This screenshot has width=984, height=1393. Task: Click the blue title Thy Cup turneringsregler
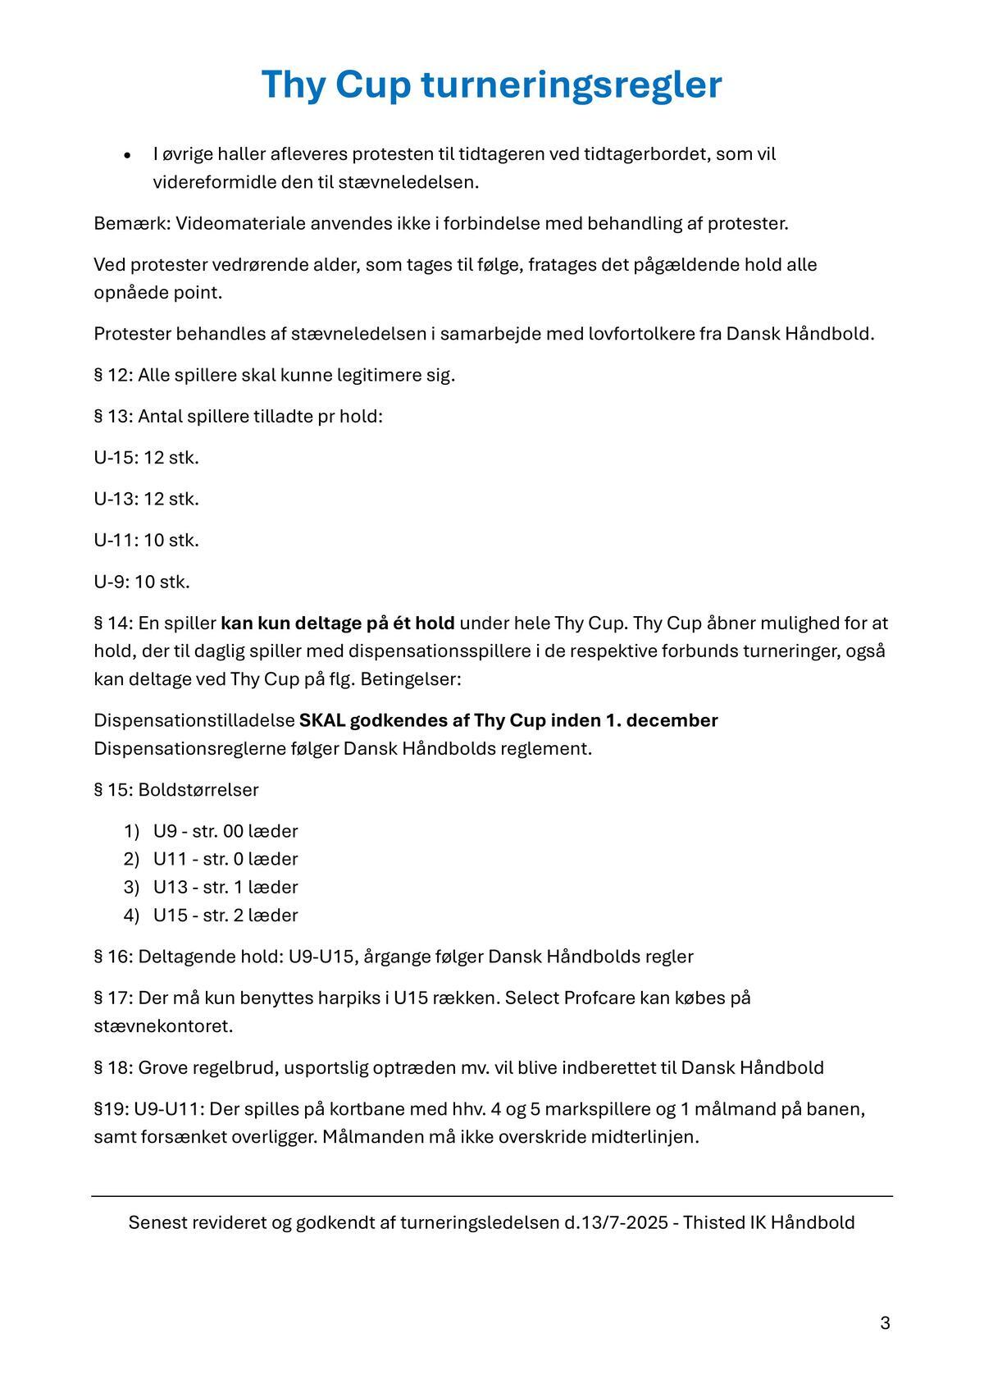click(491, 84)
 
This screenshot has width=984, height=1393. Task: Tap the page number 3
click(885, 1322)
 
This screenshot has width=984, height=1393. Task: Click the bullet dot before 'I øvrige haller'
click(127, 155)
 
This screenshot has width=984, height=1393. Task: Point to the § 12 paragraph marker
click(112, 375)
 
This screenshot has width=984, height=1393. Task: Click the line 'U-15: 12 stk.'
click(147, 457)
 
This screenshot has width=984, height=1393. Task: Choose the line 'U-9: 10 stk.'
click(142, 582)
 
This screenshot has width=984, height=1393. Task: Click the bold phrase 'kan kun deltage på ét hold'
click(337, 623)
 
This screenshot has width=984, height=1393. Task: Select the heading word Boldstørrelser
click(198, 790)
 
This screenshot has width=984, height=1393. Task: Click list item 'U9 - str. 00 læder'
click(225, 831)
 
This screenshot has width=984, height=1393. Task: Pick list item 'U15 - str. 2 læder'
click(225, 915)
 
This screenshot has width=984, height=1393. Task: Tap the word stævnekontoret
click(163, 1026)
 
